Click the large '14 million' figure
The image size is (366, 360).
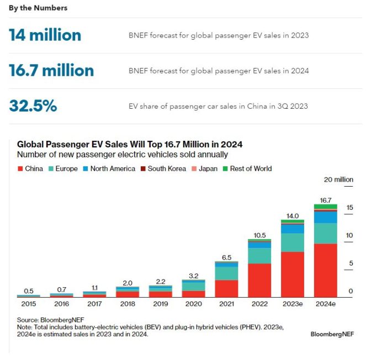[45, 35]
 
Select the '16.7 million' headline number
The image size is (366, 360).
[51, 71]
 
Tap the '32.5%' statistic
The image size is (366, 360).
[33, 106]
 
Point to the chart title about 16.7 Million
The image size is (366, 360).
[130, 145]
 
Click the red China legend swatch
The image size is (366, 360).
[20, 168]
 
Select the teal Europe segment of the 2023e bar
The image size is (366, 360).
[293, 242]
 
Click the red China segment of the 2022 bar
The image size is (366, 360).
[259, 279]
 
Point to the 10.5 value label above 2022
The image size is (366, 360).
[259, 235]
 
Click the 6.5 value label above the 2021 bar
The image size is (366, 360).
[226, 257]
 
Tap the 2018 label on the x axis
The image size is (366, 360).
[127, 304]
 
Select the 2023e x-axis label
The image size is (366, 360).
[293, 304]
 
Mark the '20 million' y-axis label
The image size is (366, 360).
[339, 179]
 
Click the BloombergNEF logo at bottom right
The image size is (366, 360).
[332, 334]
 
